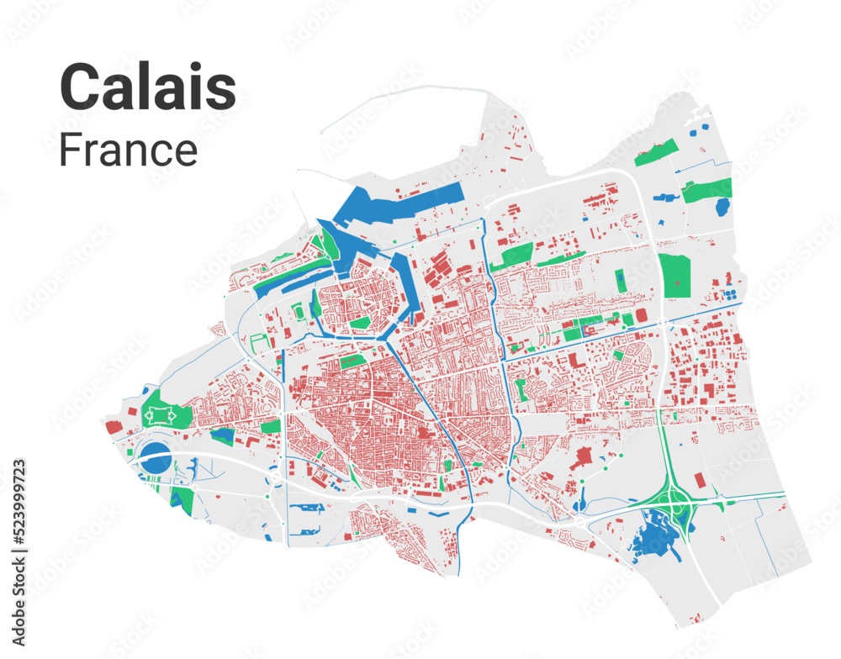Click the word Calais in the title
click(147, 87)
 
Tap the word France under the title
click(128, 150)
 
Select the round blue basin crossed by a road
click(155, 459)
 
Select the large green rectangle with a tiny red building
click(674, 275)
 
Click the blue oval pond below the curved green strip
click(722, 206)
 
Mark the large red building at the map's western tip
click(114, 427)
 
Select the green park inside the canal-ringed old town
click(360, 323)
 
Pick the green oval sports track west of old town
click(299, 312)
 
